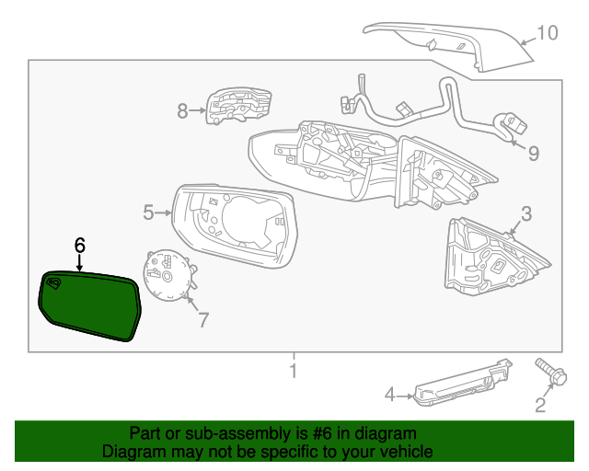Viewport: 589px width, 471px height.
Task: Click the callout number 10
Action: pos(547,33)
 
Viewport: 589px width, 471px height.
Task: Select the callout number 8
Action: pos(182,111)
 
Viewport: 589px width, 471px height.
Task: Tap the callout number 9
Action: pos(533,152)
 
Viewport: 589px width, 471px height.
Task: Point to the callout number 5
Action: pos(148,213)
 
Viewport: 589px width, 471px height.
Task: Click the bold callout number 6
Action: pos(79,245)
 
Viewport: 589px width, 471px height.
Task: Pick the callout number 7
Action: pos(202,320)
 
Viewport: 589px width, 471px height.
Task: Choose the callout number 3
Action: pos(525,213)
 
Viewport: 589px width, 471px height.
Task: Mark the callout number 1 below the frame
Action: pos(294,372)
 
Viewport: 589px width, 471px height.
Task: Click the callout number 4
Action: pos(389,395)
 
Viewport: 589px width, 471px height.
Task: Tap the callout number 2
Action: pos(540,403)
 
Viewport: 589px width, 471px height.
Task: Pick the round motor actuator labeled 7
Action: pos(167,274)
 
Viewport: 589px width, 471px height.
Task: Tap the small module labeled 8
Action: pos(238,106)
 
